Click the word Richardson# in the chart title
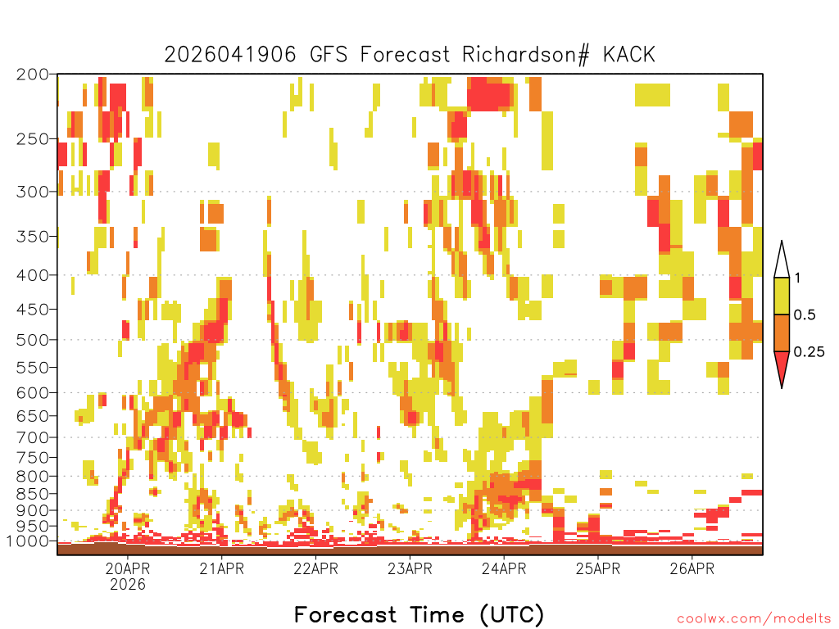click(526, 55)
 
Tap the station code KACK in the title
click(629, 55)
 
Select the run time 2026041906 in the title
click(230, 55)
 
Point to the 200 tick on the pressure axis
click(33, 75)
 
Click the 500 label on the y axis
click(33, 340)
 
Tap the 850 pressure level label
click(33, 494)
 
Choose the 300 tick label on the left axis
click(33, 192)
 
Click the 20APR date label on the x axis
click(127, 568)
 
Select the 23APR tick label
click(410, 568)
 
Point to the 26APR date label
click(692, 568)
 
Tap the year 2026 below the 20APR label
click(127, 584)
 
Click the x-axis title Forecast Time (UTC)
click(419, 615)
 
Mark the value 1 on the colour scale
click(797, 278)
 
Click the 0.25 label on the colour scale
click(809, 352)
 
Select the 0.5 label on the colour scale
click(805, 314)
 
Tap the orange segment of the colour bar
click(782, 333)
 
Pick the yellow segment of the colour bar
click(782, 296)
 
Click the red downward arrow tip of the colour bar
click(782, 387)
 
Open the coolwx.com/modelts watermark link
click(755, 619)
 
